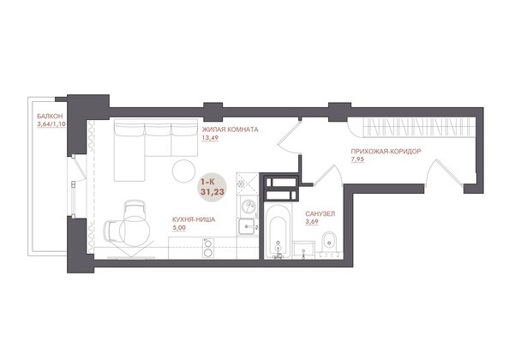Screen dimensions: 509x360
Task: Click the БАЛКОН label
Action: pos(50,117)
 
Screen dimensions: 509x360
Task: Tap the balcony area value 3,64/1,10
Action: pos(51,124)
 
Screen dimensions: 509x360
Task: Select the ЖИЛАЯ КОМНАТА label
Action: pos(231,129)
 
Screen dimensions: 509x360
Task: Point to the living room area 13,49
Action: pos(210,137)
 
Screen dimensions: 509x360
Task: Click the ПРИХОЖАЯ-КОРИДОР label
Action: pos(386,151)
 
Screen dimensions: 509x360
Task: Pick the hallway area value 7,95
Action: pos(357,159)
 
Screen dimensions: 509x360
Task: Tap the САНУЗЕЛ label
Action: pos(320,214)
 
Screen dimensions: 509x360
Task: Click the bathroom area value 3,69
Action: pos(312,222)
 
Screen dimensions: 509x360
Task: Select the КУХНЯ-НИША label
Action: pos(194,219)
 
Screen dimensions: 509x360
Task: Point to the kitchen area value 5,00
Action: pos(179,228)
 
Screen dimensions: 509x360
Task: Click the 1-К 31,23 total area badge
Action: pos(213,188)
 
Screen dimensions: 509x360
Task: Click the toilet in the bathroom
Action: pos(329,243)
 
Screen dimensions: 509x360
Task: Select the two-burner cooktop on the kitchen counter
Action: pos(208,248)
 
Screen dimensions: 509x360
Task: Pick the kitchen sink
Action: pos(249,226)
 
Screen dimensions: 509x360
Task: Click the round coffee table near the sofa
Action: pos(183,171)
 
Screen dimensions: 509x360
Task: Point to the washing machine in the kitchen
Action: pos(248,207)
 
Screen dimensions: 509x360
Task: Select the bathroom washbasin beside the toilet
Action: pos(303,249)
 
